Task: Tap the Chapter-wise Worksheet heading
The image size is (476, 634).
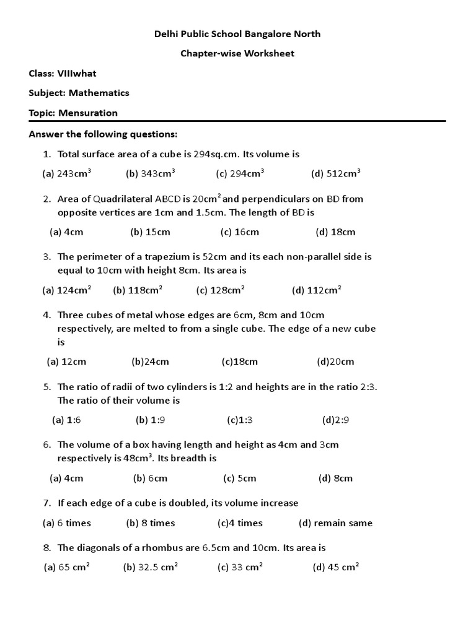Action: [237, 53]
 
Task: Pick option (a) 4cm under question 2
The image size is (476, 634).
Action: [66, 232]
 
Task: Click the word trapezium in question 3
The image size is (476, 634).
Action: [163, 256]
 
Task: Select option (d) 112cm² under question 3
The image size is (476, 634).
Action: [317, 290]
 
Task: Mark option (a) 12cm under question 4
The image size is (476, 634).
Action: [66, 362]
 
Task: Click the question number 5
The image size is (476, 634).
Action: [46, 387]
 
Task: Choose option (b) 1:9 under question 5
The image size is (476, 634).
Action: [150, 420]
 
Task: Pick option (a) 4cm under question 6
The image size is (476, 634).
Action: [66, 478]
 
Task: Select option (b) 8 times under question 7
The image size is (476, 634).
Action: [151, 523]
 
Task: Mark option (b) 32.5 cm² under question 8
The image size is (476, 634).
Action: [150, 567]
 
